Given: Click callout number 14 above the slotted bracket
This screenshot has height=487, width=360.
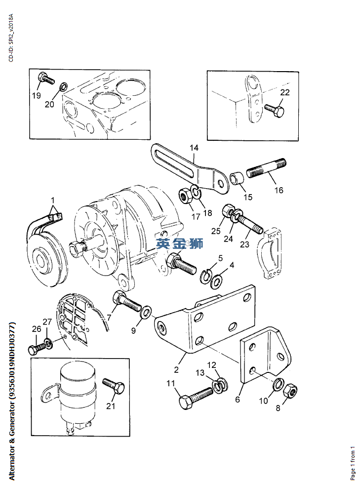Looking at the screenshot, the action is tap(194, 148).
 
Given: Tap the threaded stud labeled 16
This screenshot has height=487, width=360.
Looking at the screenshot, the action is tap(267, 168).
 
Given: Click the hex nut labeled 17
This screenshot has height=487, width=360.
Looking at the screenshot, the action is tap(185, 196).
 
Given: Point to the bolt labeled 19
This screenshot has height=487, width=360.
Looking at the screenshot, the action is tap(46, 78).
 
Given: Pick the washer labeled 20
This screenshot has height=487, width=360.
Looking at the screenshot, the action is tap(63, 86).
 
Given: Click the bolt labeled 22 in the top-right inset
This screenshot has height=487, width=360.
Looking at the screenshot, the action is tap(274, 111).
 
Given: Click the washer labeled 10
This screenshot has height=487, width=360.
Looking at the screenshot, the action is tap(278, 384).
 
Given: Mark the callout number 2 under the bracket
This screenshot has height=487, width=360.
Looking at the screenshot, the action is tap(176, 369).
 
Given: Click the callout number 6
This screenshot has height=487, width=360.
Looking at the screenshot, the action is tap(238, 399).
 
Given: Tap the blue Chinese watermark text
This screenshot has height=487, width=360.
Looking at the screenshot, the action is tap(180, 243).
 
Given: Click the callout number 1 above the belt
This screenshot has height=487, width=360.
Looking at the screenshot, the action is tap(53, 200).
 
